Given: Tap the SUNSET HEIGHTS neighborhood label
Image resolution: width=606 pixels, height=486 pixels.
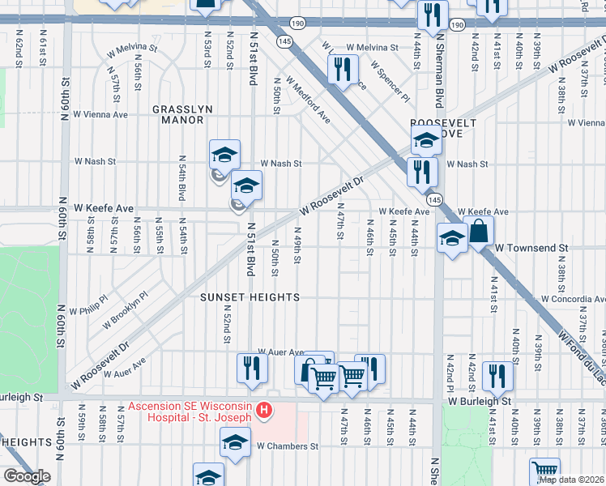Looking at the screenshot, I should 250,297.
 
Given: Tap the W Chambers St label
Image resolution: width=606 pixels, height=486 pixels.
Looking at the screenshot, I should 288,446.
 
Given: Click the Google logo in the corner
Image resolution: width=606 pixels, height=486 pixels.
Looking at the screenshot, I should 26,476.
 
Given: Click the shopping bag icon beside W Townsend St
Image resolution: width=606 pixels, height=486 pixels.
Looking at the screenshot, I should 479,231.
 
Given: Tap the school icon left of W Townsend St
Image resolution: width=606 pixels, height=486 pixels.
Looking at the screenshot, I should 451,237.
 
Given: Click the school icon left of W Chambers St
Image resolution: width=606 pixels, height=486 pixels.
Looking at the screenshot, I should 235,442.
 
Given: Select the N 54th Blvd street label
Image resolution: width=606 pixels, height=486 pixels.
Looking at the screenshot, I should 181,178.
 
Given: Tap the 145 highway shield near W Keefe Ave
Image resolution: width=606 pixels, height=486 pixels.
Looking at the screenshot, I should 435,199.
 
